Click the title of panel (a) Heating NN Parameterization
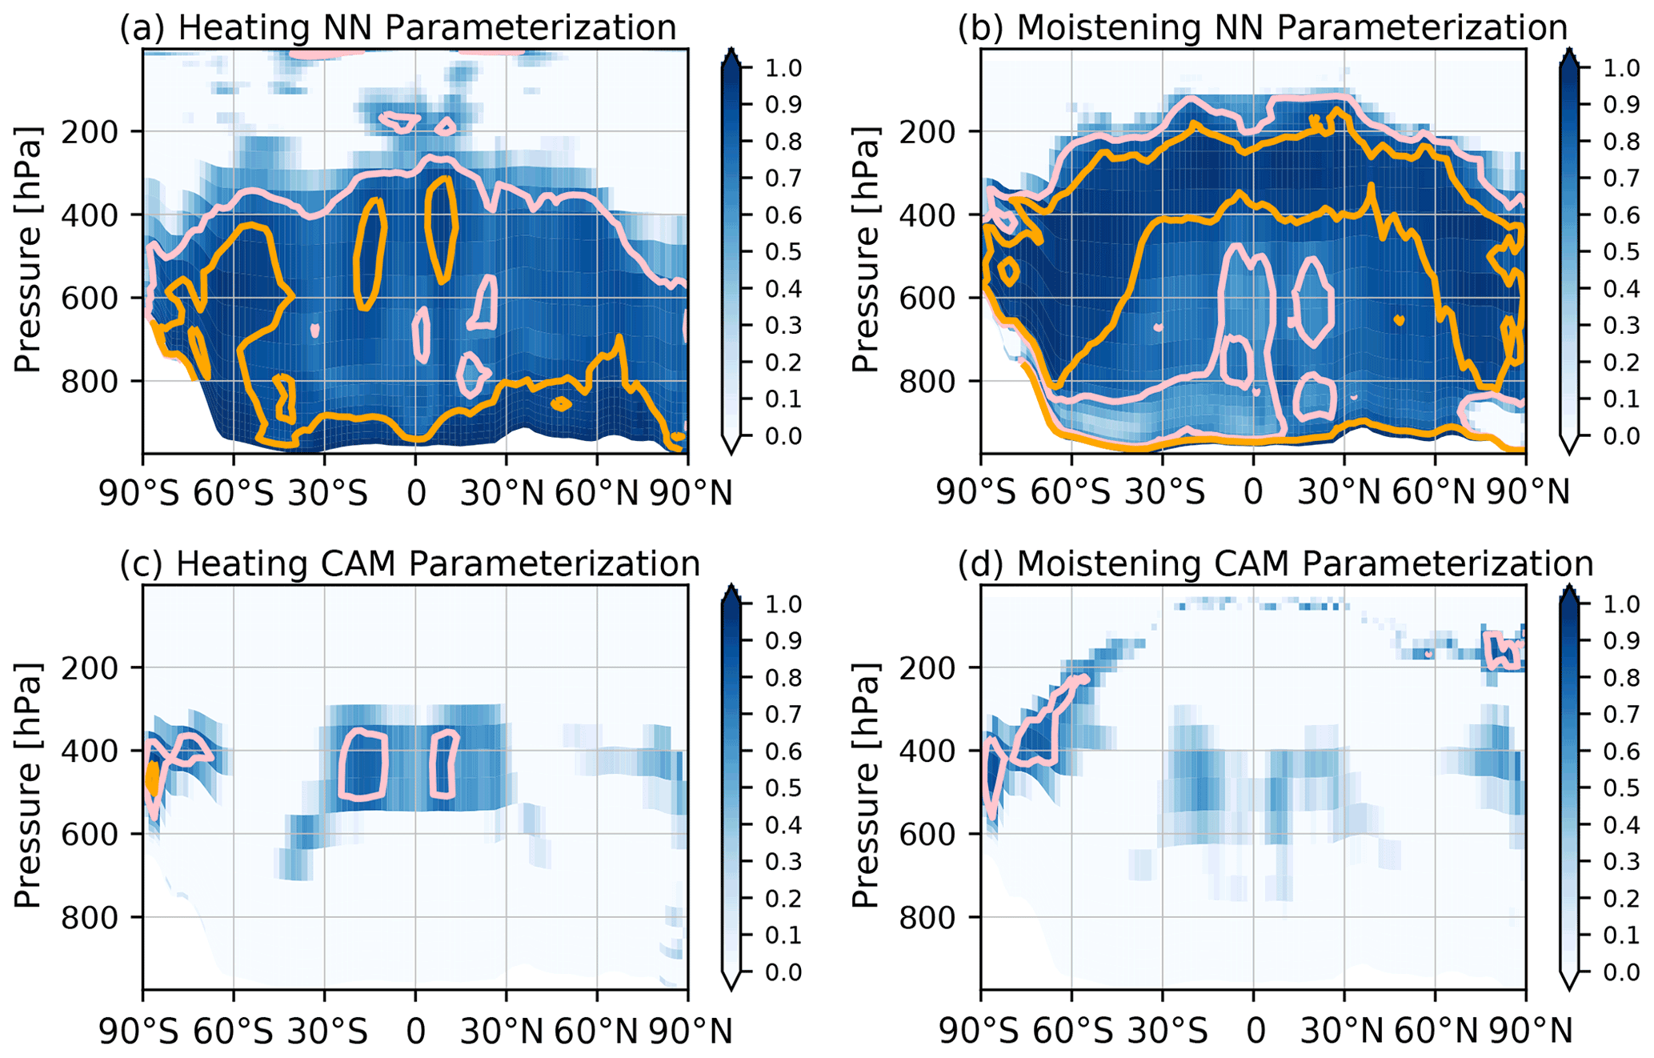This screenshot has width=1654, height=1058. pos(398,27)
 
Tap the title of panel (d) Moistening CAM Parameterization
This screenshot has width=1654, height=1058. pos(1275,563)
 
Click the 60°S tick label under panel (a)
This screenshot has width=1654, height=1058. pos(234,493)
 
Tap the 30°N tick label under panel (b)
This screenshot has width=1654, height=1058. pos(1344,493)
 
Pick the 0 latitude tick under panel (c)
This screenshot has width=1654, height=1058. pos(415,1032)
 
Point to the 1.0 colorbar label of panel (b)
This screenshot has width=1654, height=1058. pos(1621,68)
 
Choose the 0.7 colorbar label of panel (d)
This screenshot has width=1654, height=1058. pos(1621,715)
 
